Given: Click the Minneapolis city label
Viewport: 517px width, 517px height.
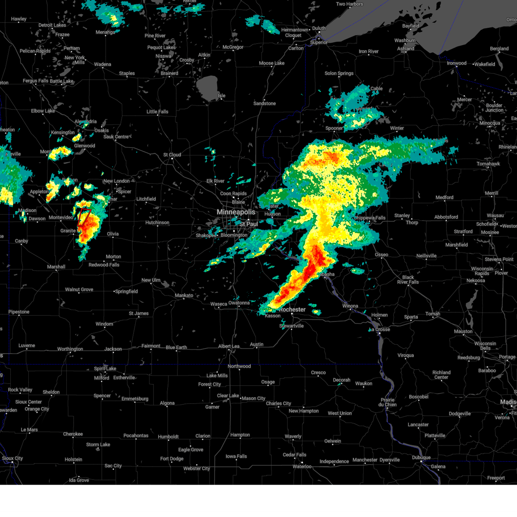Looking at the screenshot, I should (x=236, y=212).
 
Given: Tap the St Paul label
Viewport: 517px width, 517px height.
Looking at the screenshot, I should (x=249, y=224).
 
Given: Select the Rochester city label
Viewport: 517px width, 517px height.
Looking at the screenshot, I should (x=292, y=309).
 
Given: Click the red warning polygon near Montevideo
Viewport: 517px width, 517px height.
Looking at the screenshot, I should (x=84, y=217).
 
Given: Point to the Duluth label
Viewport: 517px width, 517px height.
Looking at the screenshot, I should (x=319, y=28).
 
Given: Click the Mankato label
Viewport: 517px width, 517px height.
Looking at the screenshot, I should (x=184, y=296).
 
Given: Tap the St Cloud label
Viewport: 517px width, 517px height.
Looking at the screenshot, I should (x=172, y=155).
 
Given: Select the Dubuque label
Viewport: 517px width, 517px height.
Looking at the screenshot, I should (x=421, y=458).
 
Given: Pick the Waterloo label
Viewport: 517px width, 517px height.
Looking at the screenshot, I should (x=302, y=467).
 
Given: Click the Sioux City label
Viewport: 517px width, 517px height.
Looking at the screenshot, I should (x=12, y=458).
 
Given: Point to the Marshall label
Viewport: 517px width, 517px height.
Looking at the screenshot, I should (x=56, y=267).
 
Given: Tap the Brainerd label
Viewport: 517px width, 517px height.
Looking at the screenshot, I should (x=169, y=73).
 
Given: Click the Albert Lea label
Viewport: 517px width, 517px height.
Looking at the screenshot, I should (x=229, y=346).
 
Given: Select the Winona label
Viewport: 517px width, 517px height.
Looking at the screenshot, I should (x=350, y=306).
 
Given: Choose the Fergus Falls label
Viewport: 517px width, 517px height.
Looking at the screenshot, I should (x=36, y=81).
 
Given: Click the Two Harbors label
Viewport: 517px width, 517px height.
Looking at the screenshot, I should (x=349, y=4).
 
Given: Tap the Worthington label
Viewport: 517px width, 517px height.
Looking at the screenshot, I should (x=70, y=349).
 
